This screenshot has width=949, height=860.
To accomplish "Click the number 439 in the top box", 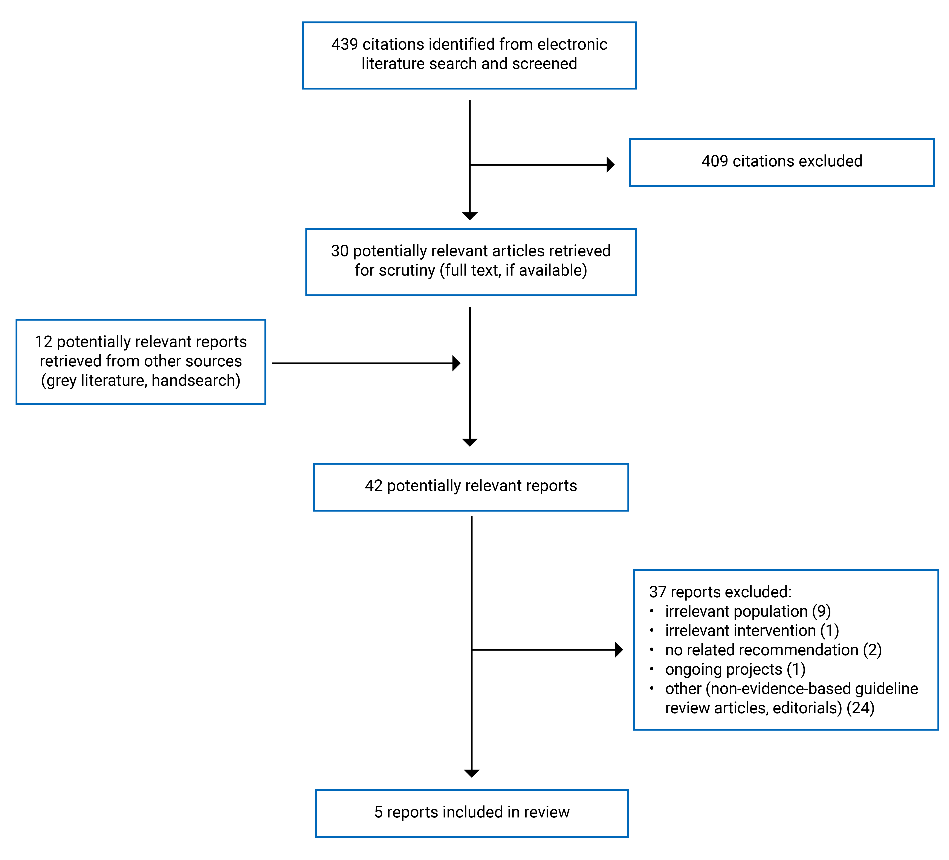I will pos(345,44).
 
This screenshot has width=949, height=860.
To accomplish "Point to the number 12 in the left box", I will pos(43,342).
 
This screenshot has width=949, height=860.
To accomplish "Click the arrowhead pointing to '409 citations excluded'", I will pos(611,165).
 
